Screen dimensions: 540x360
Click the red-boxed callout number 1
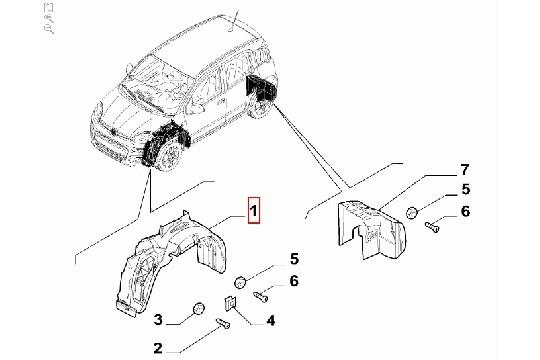click(x=253, y=210)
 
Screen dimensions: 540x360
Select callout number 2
click(x=157, y=348)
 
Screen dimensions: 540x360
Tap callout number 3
click(x=158, y=320)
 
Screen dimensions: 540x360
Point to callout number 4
click(x=271, y=321)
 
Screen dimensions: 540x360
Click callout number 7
click(x=464, y=170)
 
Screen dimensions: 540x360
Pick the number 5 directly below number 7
click(x=466, y=189)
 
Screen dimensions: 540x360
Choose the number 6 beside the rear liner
click(x=465, y=212)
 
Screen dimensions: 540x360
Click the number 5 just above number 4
click(x=294, y=259)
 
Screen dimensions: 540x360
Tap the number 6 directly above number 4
click(x=294, y=281)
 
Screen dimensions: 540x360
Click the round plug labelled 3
click(x=198, y=308)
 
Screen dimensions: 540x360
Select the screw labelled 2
click(x=223, y=324)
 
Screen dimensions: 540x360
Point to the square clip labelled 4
click(x=230, y=304)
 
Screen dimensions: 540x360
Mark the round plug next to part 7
click(x=412, y=213)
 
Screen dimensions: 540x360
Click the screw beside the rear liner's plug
click(x=432, y=227)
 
